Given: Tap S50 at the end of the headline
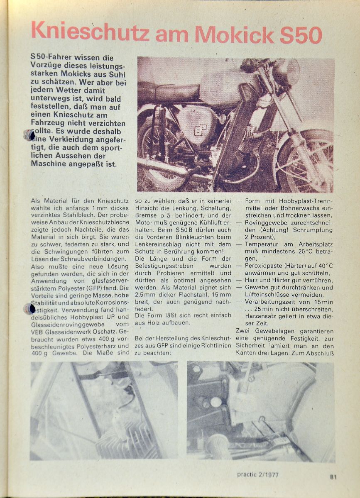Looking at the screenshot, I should point(300,34).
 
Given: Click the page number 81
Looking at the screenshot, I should point(333,477).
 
